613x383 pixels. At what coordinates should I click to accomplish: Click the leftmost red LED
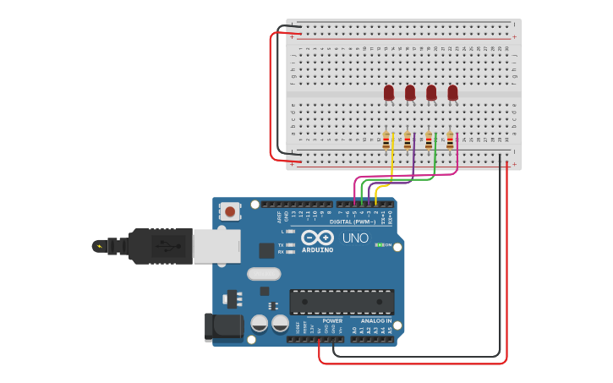[x=389, y=92]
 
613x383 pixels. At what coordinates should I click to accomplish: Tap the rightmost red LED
[x=452, y=92]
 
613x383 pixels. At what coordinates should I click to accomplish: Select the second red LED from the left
[x=410, y=92]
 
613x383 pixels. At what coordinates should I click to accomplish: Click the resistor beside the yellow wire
[x=386, y=140]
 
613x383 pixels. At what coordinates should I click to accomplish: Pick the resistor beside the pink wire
[x=450, y=140]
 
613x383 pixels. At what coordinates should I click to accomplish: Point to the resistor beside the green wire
[x=429, y=140]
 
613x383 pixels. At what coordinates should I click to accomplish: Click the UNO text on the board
[x=355, y=238]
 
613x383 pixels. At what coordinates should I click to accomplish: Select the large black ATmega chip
[x=342, y=302]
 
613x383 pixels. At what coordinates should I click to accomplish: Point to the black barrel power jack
[x=218, y=327]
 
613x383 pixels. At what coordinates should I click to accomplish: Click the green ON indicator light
[x=380, y=245]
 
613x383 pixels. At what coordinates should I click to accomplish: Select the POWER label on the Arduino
[x=332, y=320]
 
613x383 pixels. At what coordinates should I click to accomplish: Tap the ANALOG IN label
[x=375, y=320]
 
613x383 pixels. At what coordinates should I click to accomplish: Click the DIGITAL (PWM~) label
[x=353, y=222]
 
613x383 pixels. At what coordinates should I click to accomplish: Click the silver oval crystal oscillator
[x=264, y=274]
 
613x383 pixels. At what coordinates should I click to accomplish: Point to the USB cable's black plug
[x=161, y=246]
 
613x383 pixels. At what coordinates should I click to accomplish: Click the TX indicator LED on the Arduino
[x=291, y=245]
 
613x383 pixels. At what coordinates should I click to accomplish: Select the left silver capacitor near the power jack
[x=259, y=323]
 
